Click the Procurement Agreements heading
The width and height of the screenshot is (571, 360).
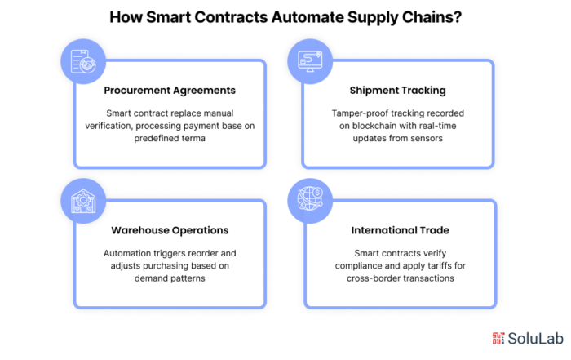[x=170, y=91]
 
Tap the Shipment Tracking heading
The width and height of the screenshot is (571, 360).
[x=398, y=91]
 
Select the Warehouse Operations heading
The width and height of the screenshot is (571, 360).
[x=170, y=230]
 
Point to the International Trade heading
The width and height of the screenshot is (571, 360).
[x=401, y=230]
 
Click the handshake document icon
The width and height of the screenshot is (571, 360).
[x=83, y=61]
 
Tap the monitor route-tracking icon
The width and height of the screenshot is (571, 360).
[x=310, y=61]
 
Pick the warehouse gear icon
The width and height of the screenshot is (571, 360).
[x=83, y=201]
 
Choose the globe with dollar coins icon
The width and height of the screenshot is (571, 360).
[x=310, y=198]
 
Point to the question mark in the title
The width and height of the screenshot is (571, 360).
[x=458, y=17]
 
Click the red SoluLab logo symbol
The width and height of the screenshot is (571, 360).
[x=498, y=338]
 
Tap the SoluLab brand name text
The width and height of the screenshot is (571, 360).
[x=535, y=339]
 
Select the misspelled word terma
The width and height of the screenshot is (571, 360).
[x=194, y=139]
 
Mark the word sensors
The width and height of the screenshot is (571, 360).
[x=427, y=139]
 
